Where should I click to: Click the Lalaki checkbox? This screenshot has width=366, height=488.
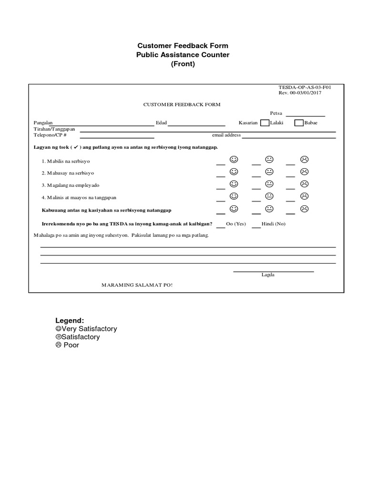(264, 123)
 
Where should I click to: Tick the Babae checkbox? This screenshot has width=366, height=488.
(299, 123)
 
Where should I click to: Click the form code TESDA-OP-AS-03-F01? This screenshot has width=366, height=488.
(305, 88)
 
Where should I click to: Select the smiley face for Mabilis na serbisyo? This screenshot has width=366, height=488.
(234, 159)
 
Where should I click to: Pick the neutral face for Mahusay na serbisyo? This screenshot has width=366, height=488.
(269, 172)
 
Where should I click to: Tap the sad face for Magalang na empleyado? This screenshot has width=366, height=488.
(304, 184)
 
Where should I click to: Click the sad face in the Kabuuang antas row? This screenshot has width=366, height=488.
(304, 209)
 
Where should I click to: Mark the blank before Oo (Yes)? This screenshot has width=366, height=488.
(221, 225)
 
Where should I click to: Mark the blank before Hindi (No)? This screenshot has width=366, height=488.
(256, 225)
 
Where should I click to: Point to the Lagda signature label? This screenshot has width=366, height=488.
(268, 275)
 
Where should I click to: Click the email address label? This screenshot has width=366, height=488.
(226, 135)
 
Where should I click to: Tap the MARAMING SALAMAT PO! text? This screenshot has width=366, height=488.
(137, 285)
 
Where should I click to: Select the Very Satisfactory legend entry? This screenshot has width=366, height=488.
(86, 329)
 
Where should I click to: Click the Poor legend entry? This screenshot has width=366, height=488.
(67, 345)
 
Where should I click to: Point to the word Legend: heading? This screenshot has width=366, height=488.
(70, 321)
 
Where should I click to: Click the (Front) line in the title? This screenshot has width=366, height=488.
(183, 64)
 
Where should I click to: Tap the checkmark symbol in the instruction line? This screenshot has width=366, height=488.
(75, 147)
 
